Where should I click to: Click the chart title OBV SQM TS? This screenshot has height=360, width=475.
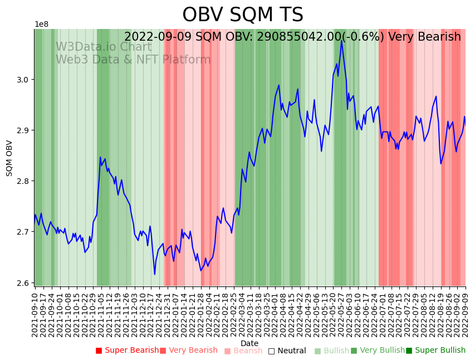243,15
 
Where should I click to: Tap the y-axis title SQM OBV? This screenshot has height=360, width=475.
9,158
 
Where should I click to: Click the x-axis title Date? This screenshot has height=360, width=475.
249,343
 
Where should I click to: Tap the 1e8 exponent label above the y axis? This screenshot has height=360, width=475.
41,25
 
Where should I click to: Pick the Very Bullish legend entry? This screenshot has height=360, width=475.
382,351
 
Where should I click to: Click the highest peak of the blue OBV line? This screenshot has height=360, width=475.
341,40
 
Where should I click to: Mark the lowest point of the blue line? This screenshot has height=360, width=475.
155,274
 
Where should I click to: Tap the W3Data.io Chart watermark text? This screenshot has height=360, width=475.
104,47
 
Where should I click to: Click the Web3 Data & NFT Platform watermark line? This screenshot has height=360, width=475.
133,60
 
